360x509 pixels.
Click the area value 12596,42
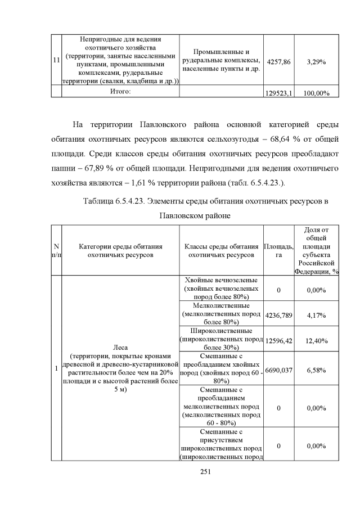pos(278,339)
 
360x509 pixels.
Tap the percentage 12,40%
pos(317,339)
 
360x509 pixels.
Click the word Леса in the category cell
pos(120,348)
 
